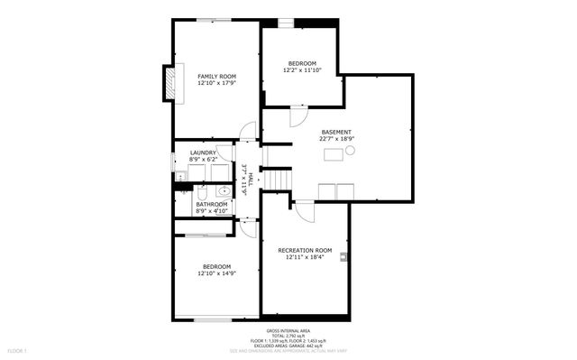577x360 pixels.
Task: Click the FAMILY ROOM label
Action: [x=216, y=76]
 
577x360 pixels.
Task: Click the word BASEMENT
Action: [x=336, y=132]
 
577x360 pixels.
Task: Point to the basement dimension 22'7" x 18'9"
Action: [x=336, y=139]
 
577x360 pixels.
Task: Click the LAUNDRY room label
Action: [x=203, y=152]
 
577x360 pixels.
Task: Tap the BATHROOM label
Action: [x=213, y=205]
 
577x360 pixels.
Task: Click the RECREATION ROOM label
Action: [x=305, y=250]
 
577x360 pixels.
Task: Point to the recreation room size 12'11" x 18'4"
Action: [x=305, y=257]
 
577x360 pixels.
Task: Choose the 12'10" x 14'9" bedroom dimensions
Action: [x=216, y=273]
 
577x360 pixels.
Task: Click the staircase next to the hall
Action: [x=279, y=178]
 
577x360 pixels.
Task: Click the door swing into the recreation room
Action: [x=305, y=213]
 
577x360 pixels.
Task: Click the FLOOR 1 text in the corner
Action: [x=17, y=349]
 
